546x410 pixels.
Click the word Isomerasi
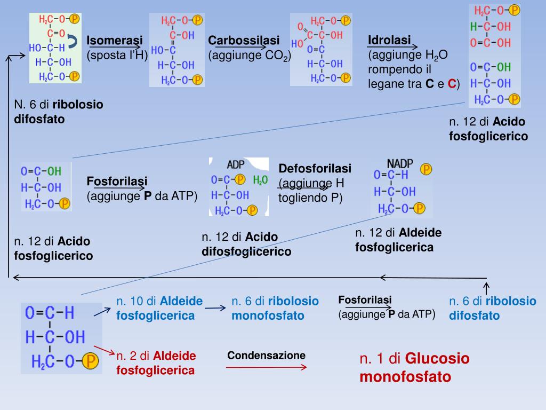click(115, 40)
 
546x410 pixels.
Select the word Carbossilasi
click(244, 41)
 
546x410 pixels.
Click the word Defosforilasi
click(315, 169)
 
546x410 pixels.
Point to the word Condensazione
click(267, 356)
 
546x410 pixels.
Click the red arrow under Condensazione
click(267, 367)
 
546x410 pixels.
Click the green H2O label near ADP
click(261, 180)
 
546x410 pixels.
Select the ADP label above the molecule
click(236, 164)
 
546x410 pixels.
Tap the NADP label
click(400, 163)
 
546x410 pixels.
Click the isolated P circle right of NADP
click(426, 169)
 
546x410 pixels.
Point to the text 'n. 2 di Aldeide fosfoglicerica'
click(156, 362)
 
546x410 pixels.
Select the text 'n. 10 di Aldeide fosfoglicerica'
click(159, 308)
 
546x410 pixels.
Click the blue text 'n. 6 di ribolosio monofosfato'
click(275, 308)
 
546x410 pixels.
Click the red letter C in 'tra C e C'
click(452, 84)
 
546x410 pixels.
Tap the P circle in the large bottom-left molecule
click(90, 362)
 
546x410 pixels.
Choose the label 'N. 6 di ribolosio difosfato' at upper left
click(59, 112)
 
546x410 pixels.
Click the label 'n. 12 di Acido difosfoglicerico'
click(246, 244)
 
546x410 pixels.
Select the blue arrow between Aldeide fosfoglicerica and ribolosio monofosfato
click(215, 308)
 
